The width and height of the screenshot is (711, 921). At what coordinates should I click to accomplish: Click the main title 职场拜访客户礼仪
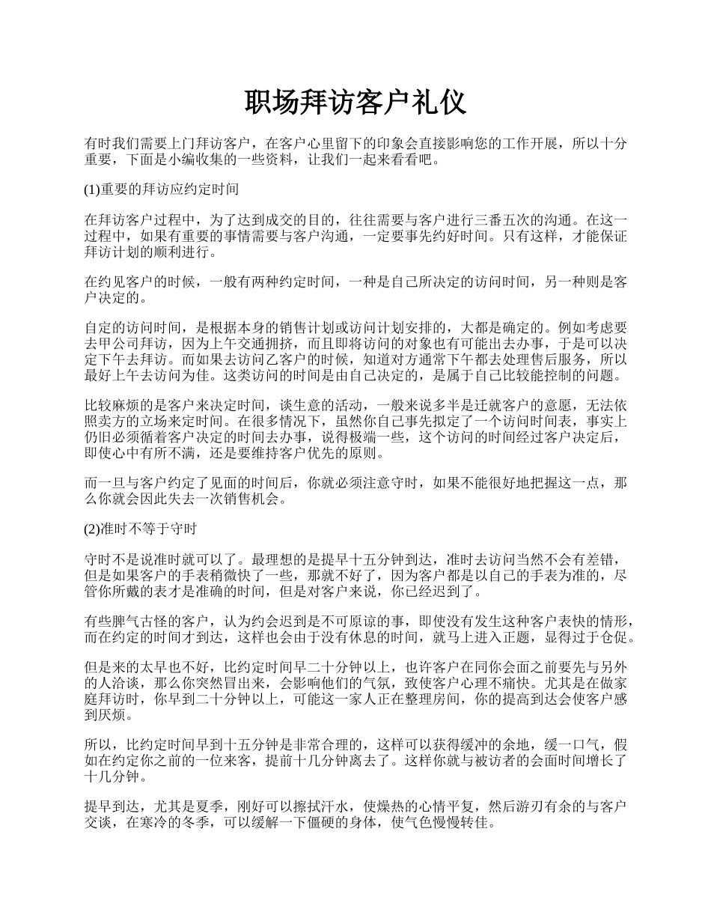[x=355, y=103]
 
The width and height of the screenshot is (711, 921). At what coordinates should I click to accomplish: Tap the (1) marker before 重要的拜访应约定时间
[x=91, y=190]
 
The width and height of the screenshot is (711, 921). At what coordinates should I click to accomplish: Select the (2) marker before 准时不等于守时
[x=91, y=529]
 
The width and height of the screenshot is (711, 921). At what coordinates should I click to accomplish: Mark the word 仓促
[x=623, y=637]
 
